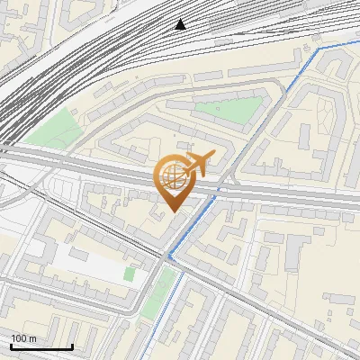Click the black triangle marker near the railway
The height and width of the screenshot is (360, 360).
182,24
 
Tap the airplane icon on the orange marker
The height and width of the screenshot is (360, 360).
198,163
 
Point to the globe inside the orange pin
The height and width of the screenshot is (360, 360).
173,176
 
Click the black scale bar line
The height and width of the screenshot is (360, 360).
41,346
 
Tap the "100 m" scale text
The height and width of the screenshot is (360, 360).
23,337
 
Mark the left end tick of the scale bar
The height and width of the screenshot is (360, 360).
11,345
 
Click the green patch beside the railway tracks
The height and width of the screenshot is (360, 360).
56,129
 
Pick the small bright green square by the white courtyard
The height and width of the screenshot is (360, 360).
130,273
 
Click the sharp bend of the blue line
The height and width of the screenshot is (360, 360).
168,256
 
